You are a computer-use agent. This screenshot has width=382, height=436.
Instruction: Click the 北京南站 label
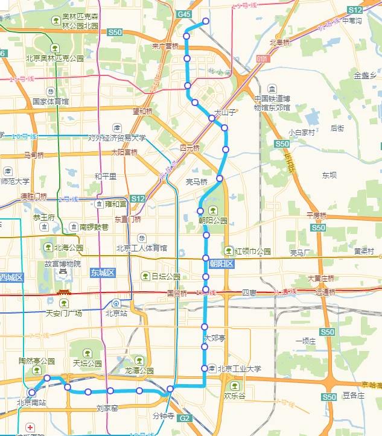(x=32, y=402)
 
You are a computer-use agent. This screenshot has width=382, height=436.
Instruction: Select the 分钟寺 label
(x=163, y=416)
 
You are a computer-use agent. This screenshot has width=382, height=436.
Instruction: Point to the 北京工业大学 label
(x=239, y=368)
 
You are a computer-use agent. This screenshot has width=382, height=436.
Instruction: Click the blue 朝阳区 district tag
(x=221, y=264)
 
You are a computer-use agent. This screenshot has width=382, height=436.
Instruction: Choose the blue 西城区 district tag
(x=11, y=277)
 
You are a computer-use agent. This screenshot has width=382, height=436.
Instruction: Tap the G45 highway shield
(x=184, y=14)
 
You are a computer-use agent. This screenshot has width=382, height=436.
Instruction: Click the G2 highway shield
(x=185, y=418)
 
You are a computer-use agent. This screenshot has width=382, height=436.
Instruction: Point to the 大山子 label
(x=224, y=112)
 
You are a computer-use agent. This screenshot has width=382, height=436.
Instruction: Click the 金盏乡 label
(x=365, y=75)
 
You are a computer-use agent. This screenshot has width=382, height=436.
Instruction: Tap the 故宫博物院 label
(x=63, y=264)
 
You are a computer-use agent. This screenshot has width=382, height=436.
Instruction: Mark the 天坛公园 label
(x=88, y=363)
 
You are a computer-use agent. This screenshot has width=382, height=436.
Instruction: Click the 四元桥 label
(x=189, y=148)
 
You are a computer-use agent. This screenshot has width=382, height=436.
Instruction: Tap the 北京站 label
(x=116, y=313)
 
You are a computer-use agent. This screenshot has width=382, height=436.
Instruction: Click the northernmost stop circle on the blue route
(x=206, y=21)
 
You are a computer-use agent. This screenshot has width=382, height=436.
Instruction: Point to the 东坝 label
(x=329, y=175)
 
